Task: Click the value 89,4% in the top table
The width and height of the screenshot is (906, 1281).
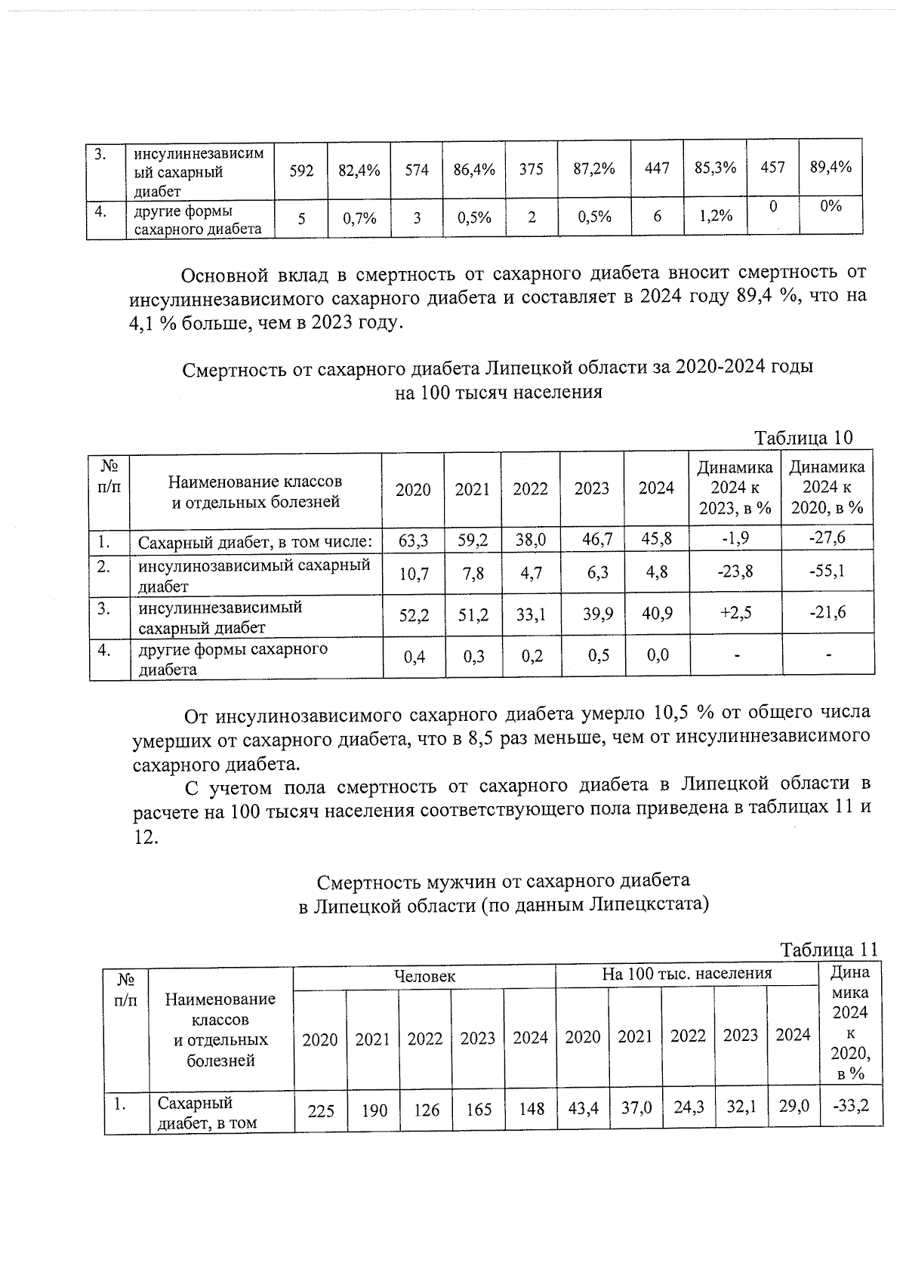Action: click(830, 168)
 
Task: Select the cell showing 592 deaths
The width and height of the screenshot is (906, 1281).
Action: click(301, 171)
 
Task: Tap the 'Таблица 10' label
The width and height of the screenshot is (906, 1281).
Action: click(803, 438)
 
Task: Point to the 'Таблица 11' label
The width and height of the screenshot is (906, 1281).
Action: click(828, 950)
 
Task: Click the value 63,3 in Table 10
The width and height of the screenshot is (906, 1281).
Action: click(412, 540)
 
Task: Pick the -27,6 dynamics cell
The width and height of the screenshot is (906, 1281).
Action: click(827, 537)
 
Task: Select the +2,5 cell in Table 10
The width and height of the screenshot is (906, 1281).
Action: click(735, 612)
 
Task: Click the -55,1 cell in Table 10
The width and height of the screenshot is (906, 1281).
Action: click(827, 571)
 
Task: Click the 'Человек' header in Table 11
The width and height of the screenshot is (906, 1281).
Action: click(425, 975)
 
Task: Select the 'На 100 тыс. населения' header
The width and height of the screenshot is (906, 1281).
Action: click(686, 974)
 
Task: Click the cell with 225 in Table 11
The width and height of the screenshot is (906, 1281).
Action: click(321, 1110)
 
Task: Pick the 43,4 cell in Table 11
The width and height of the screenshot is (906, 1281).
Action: click(582, 1108)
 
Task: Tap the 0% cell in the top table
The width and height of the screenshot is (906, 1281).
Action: click(830, 206)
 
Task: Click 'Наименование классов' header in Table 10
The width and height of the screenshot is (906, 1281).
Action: click(255, 491)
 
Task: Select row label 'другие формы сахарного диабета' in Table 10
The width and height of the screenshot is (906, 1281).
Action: click(233, 659)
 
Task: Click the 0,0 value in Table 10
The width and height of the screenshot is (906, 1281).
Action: click(657, 654)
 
